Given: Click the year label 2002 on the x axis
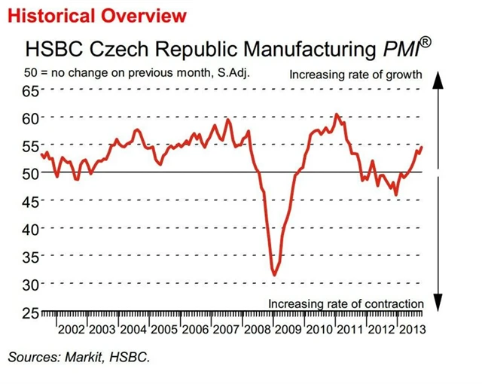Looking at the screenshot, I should click(72, 330).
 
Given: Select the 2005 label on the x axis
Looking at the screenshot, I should click(165, 330).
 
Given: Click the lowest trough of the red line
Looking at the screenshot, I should click(275, 275).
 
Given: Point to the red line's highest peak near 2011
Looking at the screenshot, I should click(336, 114).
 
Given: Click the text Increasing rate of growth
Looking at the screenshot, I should click(356, 75).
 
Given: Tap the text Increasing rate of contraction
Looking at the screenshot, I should click(346, 303).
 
